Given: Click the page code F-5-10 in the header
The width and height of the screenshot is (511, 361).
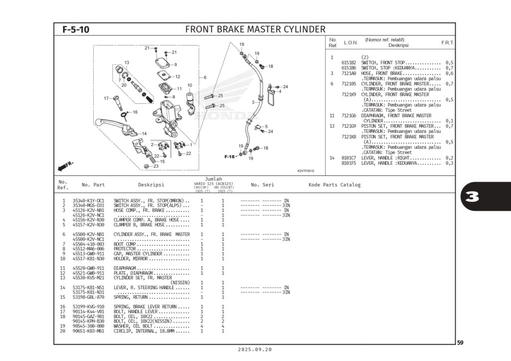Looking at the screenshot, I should [76, 29].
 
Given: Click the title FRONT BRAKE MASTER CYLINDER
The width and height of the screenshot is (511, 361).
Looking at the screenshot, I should [255, 29].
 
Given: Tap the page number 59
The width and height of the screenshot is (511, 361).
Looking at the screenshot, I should [460, 343].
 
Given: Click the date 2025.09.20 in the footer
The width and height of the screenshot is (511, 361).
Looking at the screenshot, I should [255, 350].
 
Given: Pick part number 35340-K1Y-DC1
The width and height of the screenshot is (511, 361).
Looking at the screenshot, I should [88, 201].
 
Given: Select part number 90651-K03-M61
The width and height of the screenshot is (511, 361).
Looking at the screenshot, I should [88, 331].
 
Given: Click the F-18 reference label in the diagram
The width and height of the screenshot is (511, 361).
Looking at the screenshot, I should [230, 157].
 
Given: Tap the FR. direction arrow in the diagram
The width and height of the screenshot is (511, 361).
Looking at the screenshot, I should [65, 165].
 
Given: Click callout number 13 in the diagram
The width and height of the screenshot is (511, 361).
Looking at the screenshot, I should [127, 63].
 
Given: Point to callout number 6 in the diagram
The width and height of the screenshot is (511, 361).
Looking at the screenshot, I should [205, 77].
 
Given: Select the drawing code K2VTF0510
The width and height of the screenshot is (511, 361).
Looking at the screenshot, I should [306, 171].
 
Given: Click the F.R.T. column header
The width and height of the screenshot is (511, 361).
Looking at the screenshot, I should [447, 43].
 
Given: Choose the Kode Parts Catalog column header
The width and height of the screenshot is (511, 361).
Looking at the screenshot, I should [334, 185].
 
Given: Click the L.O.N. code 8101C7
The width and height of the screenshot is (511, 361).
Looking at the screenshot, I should [348, 158].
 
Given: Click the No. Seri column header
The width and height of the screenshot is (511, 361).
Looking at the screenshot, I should [262, 185].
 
